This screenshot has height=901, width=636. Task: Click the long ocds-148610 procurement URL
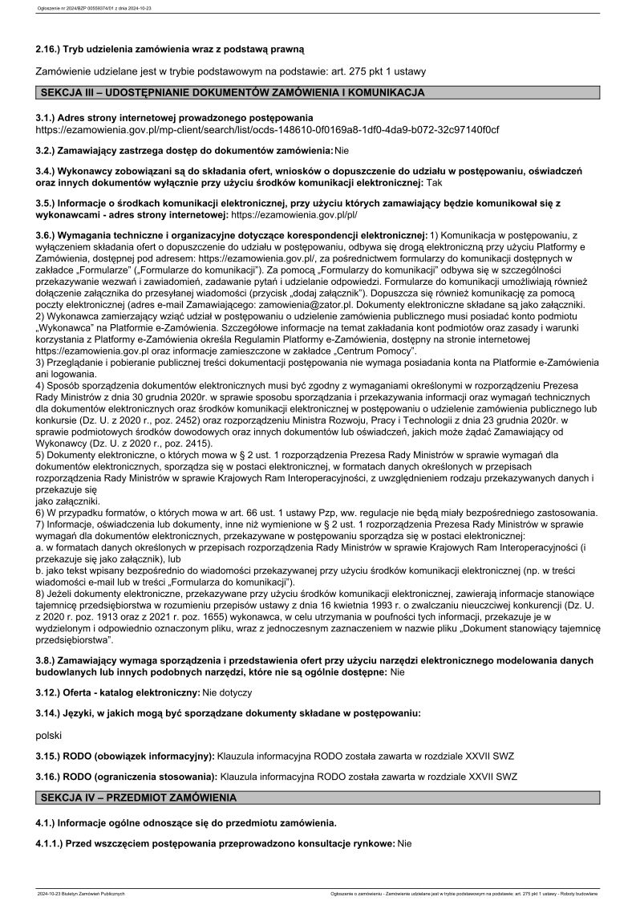pyautogui.click(x=268, y=129)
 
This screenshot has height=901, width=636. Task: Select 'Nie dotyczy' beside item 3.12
pyautogui.click(x=228, y=691)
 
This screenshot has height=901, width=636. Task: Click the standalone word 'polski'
pyautogui.click(x=50, y=734)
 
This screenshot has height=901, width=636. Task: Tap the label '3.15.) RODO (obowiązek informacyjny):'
pyautogui.click(x=125, y=756)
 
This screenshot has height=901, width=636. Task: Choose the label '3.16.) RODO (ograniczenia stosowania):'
pyautogui.click(x=127, y=777)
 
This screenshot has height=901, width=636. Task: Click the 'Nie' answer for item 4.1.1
pyautogui.click(x=403, y=844)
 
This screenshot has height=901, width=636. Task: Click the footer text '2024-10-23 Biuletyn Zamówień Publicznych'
pyautogui.click(x=81, y=893)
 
